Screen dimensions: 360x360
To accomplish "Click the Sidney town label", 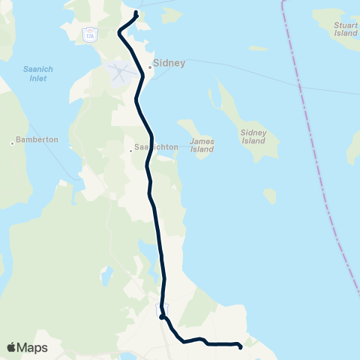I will click(x=169, y=64).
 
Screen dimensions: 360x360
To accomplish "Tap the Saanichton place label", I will click(x=156, y=147).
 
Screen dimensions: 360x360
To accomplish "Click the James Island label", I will click(x=202, y=145).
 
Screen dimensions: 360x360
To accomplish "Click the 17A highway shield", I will click(x=89, y=35).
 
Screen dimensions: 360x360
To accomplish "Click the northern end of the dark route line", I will click(x=136, y=13).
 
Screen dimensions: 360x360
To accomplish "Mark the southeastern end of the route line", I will click(x=240, y=346).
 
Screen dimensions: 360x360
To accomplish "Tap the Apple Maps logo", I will click(x=27, y=347).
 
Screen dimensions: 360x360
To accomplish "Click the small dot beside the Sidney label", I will click(x=149, y=67).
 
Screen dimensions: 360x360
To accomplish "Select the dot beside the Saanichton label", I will click(x=130, y=150).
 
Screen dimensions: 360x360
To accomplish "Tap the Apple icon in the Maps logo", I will click(x=11, y=347).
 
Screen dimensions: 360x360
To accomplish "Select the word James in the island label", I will click(x=202, y=140).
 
